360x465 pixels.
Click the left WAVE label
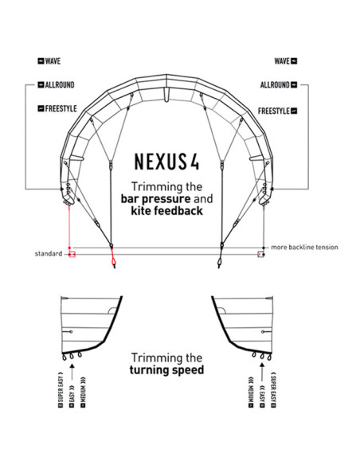click(x=49, y=61)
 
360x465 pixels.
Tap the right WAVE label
click(x=286, y=61)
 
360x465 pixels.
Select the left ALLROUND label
click(x=56, y=85)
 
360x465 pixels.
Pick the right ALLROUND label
click(x=279, y=85)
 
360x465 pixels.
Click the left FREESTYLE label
click(x=57, y=108)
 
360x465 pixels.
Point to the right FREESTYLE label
click(x=277, y=111)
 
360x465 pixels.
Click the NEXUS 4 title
click(x=167, y=162)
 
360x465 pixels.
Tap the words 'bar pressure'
click(x=155, y=199)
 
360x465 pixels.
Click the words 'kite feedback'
click(x=167, y=211)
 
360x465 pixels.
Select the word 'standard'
click(x=49, y=254)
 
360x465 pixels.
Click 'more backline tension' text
click(x=304, y=248)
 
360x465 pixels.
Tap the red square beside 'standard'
click(x=72, y=254)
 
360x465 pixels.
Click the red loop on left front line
click(x=113, y=261)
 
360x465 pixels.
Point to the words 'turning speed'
click(x=167, y=370)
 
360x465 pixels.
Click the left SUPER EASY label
click(x=61, y=389)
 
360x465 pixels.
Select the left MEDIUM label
click(x=83, y=392)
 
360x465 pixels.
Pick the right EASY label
click(x=262, y=397)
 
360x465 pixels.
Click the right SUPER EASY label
click(x=273, y=389)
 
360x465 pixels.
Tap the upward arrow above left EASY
click(x=72, y=372)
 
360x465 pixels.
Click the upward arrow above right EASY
click(x=262, y=372)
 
